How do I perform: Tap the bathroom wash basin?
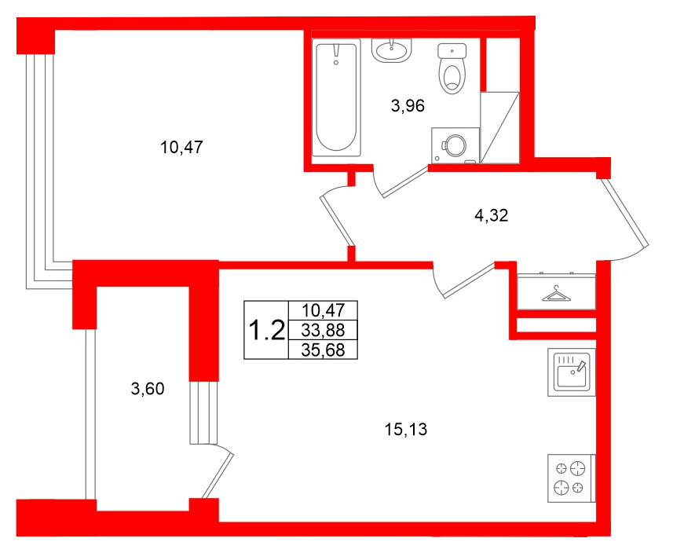(x=391, y=50)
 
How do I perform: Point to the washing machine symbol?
(x=455, y=145)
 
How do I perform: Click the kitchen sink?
(x=572, y=372)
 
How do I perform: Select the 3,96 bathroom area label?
(x=408, y=107)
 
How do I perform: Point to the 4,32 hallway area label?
(x=492, y=217)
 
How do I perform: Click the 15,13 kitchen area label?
(x=406, y=429)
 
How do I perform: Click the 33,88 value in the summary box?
(x=323, y=331)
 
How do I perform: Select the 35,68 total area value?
(x=323, y=350)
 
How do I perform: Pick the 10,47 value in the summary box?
(x=323, y=311)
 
